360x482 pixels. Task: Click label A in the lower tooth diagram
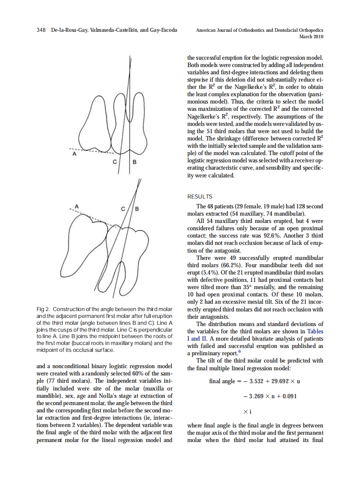77,206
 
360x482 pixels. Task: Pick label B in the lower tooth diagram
137,209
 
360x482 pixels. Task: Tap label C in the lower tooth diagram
123,209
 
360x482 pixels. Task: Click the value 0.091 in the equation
287,396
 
